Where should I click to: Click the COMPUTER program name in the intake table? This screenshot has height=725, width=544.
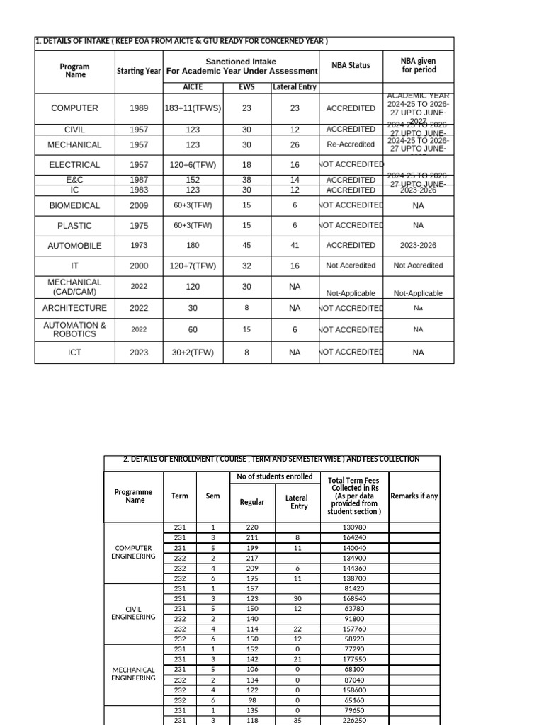[x=74, y=108]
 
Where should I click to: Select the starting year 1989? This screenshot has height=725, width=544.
[x=140, y=108]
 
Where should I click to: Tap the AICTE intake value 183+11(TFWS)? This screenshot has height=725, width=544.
[x=193, y=108]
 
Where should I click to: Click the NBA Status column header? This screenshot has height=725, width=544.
[x=351, y=65]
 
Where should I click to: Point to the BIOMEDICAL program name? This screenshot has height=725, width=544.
[x=74, y=206]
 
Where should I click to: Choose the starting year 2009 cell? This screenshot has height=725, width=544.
[x=140, y=206]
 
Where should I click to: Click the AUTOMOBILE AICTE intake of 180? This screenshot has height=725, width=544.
[x=193, y=246]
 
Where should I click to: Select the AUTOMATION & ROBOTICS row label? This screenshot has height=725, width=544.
[x=74, y=329]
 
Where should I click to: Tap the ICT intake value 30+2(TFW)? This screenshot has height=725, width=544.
[x=193, y=353]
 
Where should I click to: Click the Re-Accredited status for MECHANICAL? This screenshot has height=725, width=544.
[x=351, y=144]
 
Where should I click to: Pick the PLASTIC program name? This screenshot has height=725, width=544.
[x=74, y=226]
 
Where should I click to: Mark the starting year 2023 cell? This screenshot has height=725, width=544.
[x=140, y=353]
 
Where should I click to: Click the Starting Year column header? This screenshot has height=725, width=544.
[x=140, y=71]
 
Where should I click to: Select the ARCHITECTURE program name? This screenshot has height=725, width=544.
[x=74, y=308]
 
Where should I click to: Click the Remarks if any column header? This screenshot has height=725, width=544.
[x=414, y=496]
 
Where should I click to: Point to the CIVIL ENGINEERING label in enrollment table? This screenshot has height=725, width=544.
[x=133, y=612]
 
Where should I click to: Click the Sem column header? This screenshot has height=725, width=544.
[x=212, y=496]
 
